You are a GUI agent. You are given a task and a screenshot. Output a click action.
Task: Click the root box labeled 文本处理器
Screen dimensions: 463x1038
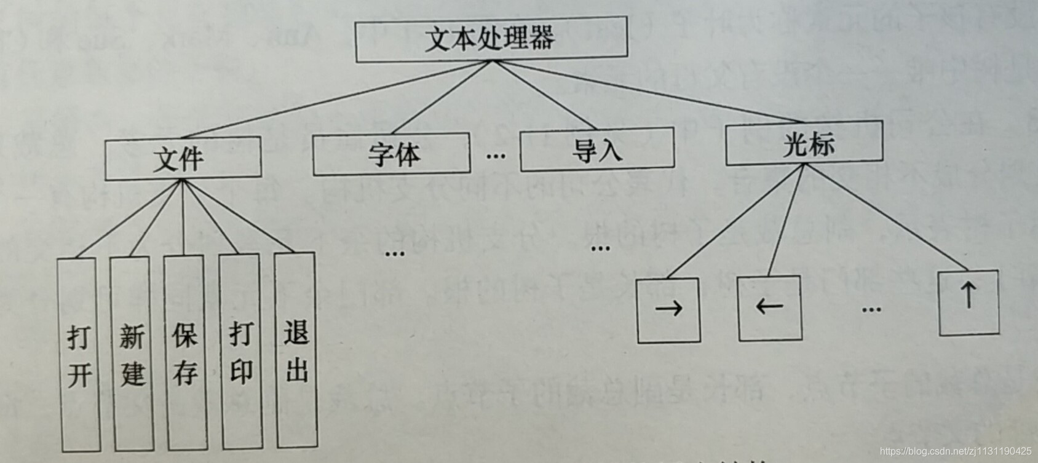(491, 39)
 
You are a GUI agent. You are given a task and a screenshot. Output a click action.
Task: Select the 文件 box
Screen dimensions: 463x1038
(183, 159)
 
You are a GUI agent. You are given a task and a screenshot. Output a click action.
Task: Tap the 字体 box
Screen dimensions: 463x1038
(391, 154)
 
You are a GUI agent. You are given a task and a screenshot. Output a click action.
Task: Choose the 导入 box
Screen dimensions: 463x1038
(596, 149)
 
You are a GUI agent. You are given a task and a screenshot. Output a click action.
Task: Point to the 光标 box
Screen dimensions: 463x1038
(804, 143)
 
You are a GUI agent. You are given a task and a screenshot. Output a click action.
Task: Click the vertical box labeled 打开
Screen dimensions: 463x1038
(79, 355)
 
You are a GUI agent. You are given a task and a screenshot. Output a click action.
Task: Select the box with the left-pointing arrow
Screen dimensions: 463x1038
(769, 307)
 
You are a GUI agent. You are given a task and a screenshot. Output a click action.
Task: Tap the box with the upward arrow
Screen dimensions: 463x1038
(969, 303)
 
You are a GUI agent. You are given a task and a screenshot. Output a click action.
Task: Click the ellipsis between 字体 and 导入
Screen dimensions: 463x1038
(495, 156)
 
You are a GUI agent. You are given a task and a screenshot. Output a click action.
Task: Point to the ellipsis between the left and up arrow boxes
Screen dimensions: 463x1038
(871, 309)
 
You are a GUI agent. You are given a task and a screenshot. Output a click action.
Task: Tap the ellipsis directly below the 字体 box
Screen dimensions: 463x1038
(394, 253)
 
